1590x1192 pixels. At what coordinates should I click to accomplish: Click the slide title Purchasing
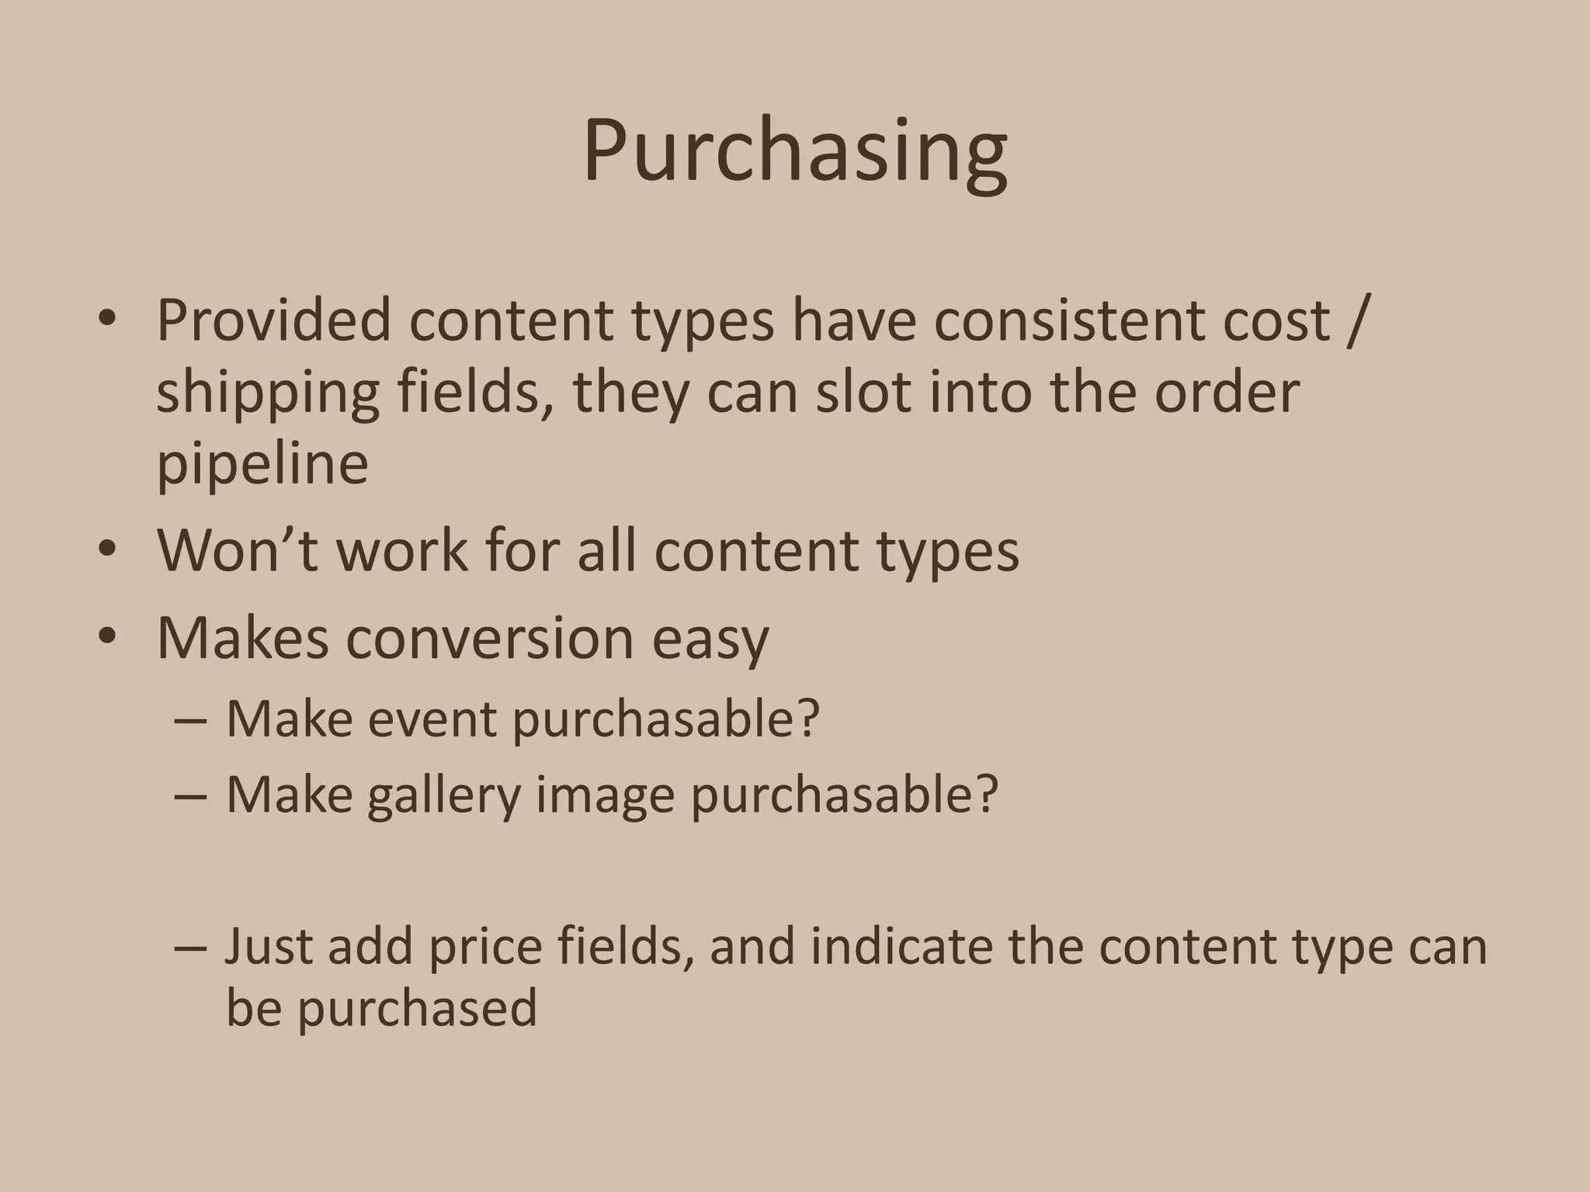795,152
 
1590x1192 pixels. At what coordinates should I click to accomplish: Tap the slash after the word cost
1354,321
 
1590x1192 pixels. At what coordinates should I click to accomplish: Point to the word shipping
268,394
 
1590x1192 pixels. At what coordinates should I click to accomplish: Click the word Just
269,947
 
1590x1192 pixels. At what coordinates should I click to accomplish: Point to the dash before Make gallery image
191,796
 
